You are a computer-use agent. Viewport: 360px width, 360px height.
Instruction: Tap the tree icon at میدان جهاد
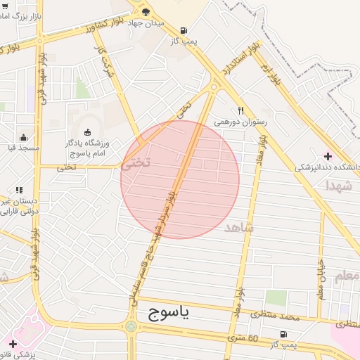pos(146,12)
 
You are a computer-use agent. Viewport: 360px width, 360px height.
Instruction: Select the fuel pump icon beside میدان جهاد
pos(184,30)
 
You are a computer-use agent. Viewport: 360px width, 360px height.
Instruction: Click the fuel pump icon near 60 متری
pos(283,335)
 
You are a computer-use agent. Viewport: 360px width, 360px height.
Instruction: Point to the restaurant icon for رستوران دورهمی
pos(240,110)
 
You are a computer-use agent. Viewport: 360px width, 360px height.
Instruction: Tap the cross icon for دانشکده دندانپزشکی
pos(328,155)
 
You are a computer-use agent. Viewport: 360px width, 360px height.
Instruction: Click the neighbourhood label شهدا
pos(339,186)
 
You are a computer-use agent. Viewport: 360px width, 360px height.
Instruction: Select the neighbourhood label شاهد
pos(238,228)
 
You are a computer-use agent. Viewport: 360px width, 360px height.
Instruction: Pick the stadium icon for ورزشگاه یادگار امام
pos(87,132)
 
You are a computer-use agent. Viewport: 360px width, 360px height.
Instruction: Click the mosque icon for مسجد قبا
pos(24,137)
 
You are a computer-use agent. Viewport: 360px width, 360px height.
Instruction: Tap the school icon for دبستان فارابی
pos(19,190)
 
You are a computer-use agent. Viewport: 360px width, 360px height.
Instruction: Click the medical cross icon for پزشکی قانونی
pos(13,343)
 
